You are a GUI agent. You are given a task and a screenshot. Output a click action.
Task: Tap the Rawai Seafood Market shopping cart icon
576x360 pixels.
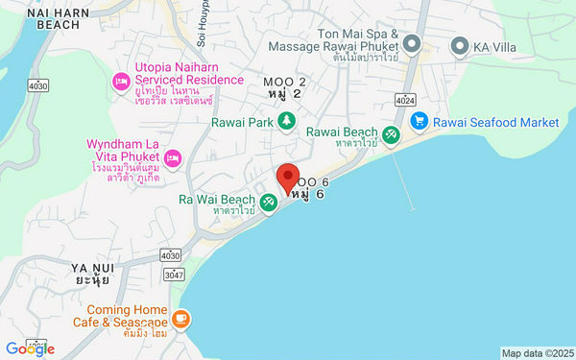[x=419, y=121]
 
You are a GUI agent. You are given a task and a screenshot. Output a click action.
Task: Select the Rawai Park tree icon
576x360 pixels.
[x=286, y=120]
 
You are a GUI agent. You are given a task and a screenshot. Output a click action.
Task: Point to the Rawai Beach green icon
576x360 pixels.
[x=392, y=135]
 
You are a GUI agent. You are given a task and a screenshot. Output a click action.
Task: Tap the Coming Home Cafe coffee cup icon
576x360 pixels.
[x=181, y=317]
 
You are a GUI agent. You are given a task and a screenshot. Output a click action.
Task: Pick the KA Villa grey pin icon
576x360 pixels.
[x=460, y=45]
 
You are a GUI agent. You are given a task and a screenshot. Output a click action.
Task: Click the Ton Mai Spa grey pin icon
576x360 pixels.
[x=412, y=44]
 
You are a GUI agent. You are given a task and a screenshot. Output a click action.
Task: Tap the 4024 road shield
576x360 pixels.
[x=403, y=99]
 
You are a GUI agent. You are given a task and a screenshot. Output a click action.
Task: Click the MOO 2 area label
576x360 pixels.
[x=284, y=87]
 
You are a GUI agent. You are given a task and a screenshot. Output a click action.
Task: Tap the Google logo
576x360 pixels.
[x=30, y=348]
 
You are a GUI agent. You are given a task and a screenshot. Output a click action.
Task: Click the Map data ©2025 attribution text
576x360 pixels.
[x=536, y=352]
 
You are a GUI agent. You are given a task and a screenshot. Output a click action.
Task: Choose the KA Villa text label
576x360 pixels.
[x=500, y=45]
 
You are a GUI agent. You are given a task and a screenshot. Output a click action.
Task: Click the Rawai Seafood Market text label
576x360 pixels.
[x=495, y=122]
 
